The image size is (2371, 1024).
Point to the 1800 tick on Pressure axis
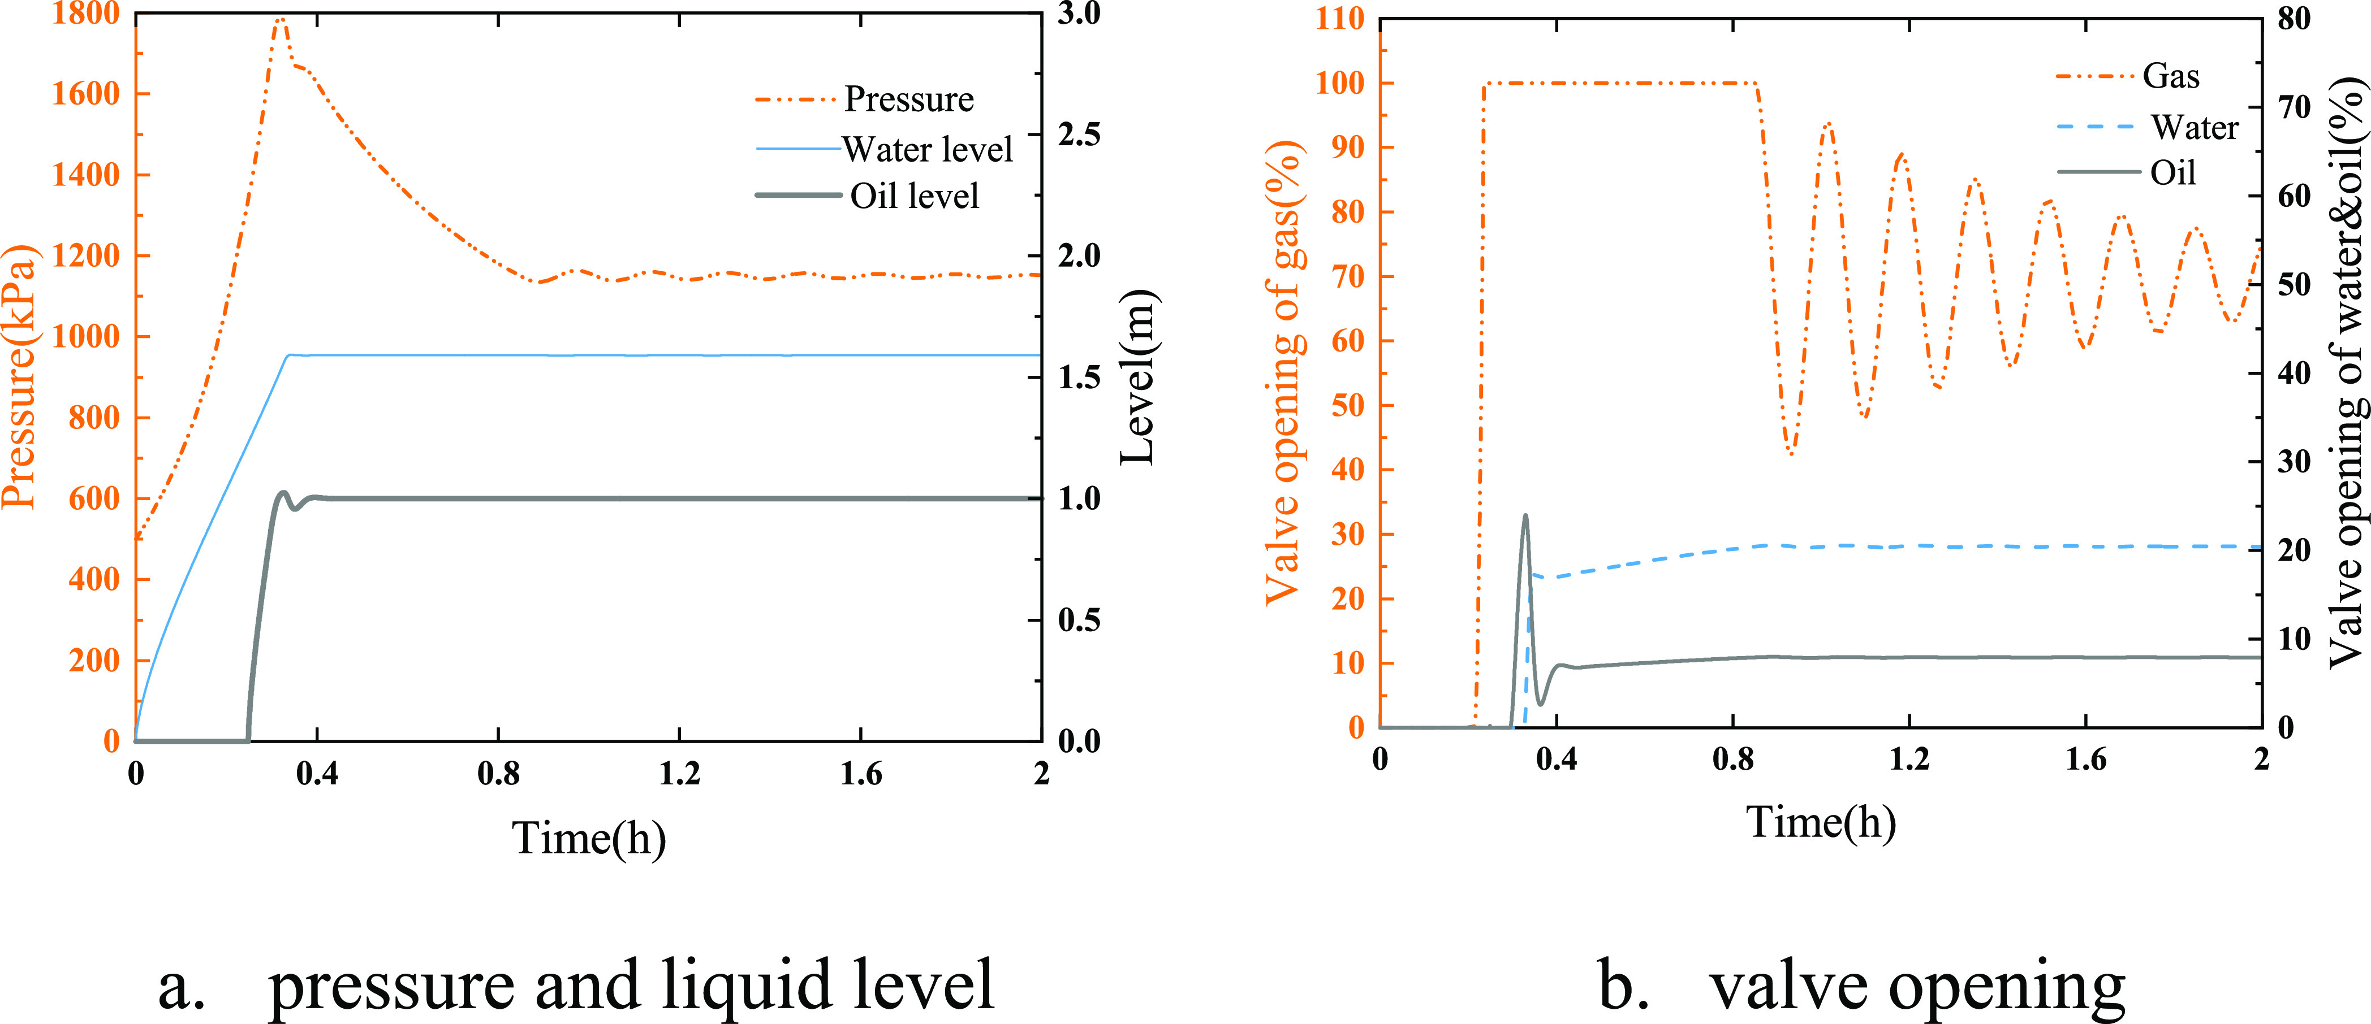(85, 14)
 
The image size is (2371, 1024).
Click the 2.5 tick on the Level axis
(1079, 134)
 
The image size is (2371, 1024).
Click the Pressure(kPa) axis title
(19, 377)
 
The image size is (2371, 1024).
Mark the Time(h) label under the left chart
(588, 838)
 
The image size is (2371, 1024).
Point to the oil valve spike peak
(1525, 515)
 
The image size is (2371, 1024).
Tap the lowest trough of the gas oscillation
(1790, 454)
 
